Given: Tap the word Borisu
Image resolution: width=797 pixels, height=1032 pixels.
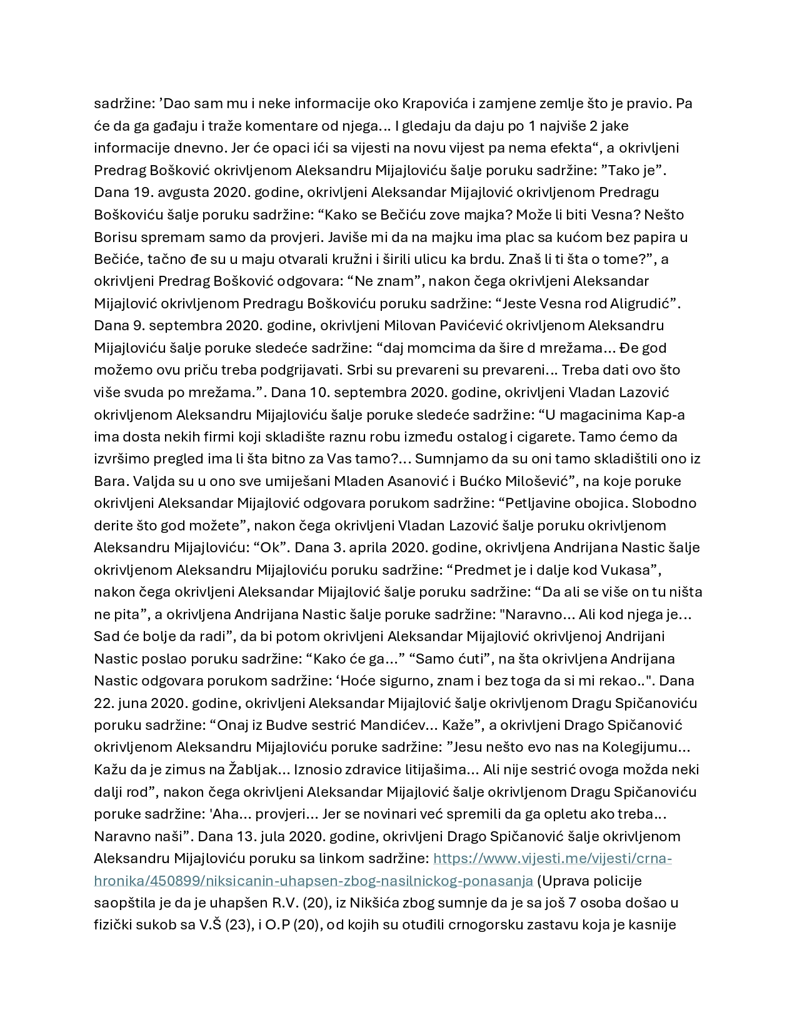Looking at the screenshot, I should pyautogui.click(x=115, y=237).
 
